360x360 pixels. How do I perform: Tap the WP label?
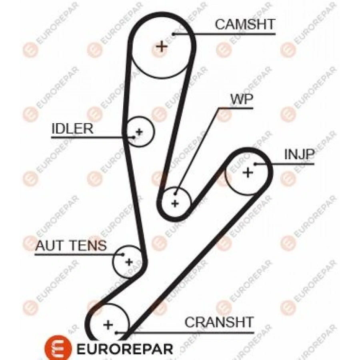coord(241,100)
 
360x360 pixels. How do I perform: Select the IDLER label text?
coord(72,128)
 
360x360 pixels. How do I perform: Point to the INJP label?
coord(299,154)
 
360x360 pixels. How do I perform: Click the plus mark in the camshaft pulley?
coord(162,47)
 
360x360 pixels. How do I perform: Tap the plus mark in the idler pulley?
coord(139,131)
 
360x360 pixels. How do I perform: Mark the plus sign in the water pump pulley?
coord(175,203)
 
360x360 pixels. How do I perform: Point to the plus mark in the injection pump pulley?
coord(248,173)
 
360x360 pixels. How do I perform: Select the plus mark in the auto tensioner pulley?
coord(128,262)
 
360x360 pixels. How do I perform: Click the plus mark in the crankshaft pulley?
coord(108,324)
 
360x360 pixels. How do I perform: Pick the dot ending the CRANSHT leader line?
coord(116,332)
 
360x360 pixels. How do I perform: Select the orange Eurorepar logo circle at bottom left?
coord(61,348)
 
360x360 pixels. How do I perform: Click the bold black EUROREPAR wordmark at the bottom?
coord(124,348)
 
